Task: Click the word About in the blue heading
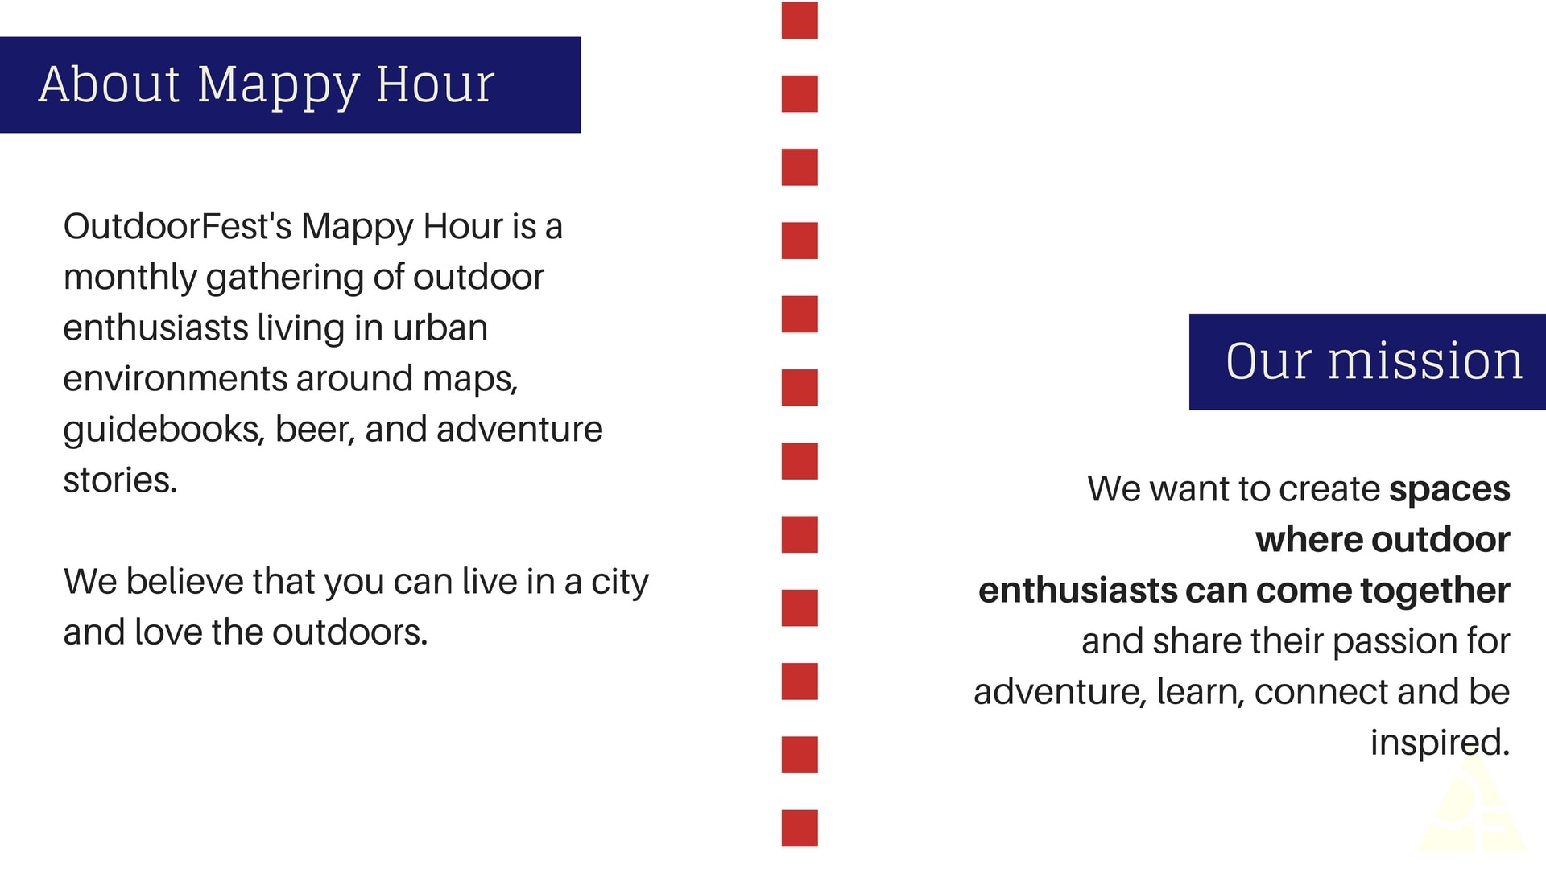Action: point(110,84)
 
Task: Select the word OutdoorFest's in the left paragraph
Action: point(177,226)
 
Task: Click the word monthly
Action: point(130,278)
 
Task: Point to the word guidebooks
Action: point(163,430)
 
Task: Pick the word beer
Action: point(315,430)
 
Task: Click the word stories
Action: point(120,480)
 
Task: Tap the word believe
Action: point(184,581)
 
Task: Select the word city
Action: point(619,583)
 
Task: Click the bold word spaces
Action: point(1449,490)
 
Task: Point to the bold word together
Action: point(1435,591)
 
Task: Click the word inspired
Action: point(1440,743)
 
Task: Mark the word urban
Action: point(440,327)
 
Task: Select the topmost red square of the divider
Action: point(800,20)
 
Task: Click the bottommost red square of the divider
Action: point(800,828)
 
